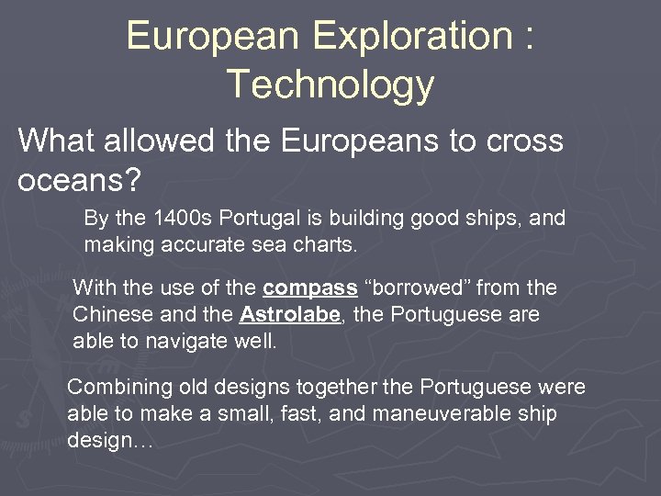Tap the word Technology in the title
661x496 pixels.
click(x=330, y=84)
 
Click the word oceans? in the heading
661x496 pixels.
click(x=79, y=179)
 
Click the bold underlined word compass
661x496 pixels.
click(x=309, y=288)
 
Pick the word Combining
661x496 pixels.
click(x=114, y=388)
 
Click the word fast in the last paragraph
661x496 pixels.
click(x=301, y=413)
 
